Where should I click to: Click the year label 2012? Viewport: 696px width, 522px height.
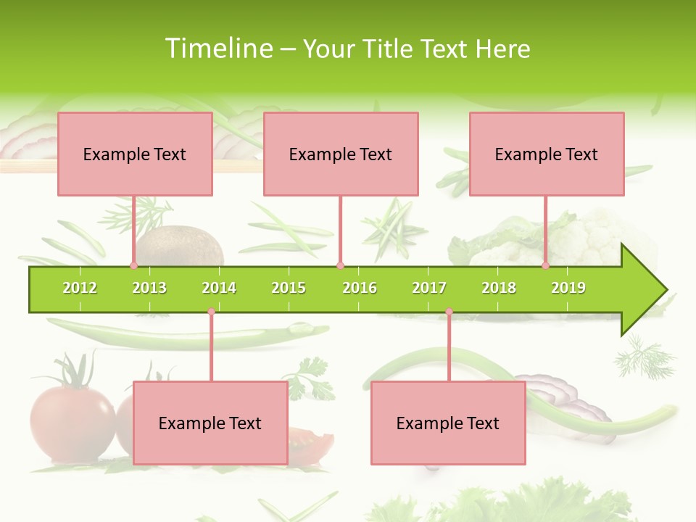(x=80, y=288)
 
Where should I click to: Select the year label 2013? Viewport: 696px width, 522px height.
(x=149, y=288)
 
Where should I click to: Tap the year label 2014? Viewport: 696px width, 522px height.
(x=219, y=288)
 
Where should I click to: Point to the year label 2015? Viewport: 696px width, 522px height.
(x=289, y=288)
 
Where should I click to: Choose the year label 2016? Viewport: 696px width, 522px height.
(x=360, y=288)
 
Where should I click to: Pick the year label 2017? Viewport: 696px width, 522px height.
(x=429, y=288)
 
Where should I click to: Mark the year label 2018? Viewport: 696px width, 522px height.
(x=499, y=288)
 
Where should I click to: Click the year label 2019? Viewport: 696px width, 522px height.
(x=568, y=288)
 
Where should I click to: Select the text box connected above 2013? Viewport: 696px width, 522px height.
(x=135, y=154)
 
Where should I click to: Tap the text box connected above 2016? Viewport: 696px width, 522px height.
(x=341, y=154)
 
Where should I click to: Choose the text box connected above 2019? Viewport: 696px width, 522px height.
(x=547, y=154)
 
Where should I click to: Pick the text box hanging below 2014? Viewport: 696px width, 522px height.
(x=210, y=423)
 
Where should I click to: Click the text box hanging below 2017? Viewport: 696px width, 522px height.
(x=448, y=423)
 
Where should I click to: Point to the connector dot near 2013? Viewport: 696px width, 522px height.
(x=133, y=265)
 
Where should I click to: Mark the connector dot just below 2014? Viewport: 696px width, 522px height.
(x=211, y=312)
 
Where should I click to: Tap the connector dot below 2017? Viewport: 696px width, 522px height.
(x=449, y=312)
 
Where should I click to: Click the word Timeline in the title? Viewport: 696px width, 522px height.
(x=218, y=49)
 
